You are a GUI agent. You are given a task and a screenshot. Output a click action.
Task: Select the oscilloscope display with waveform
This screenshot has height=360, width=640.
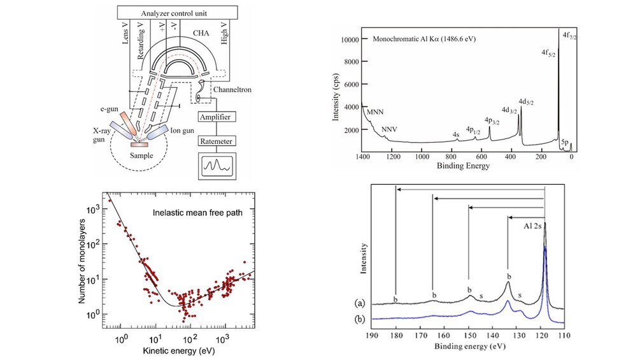coord(215,166)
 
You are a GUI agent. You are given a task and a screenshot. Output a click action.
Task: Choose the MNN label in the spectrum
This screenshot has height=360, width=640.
coord(370,116)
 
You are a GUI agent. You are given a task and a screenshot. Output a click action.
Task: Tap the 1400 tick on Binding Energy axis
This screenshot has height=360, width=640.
coord(362,157)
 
